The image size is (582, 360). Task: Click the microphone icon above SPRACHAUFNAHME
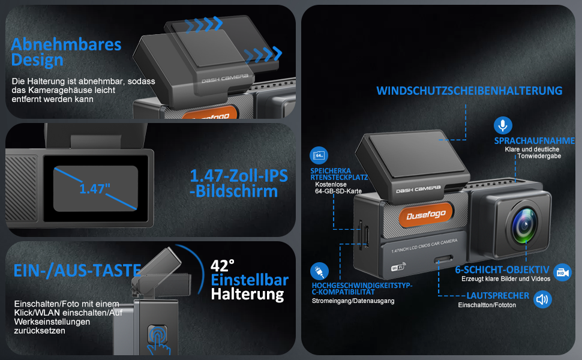[x=503, y=125]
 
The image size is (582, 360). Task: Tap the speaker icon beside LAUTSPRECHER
[x=542, y=299]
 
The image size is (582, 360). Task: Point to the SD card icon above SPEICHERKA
[x=319, y=155]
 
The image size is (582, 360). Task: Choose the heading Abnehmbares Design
[x=66, y=52]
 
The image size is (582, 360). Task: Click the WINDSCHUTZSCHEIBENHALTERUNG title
[x=469, y=91]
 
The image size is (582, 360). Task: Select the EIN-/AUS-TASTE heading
[x=77, y=270]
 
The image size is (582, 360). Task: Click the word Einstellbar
[x=250, y=280]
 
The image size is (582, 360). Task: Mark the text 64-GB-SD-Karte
[x=338, y=191]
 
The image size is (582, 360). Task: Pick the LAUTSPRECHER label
[x=498, y=295]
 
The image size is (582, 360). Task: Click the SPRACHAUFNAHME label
[x=534, y=140]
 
